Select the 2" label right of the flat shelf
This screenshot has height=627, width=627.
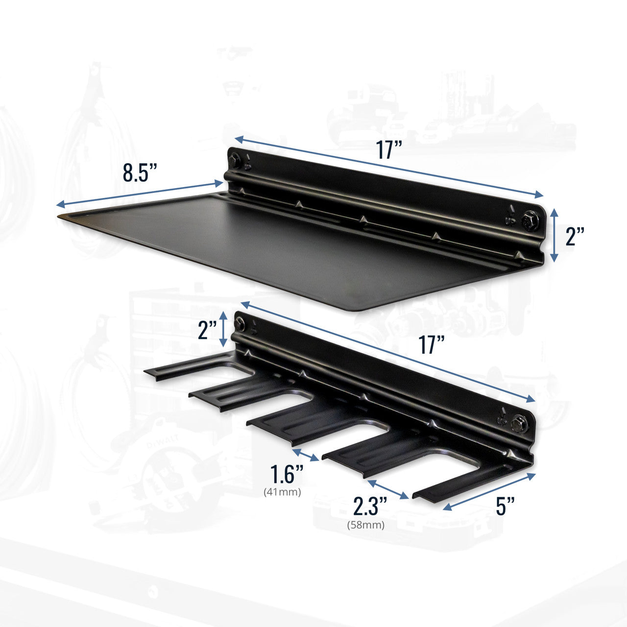[x=575, y=237]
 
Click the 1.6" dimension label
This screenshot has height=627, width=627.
[x=287, y=474]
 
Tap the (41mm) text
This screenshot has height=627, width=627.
[x=282, y=492]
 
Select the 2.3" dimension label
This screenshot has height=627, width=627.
[x=370, y=506]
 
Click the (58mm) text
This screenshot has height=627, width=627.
[x=366, y=525]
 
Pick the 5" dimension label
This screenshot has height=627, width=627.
[x=505, y=506]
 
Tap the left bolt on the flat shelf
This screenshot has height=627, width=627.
[x=235, y=159]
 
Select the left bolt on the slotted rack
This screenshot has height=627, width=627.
[x=240, y=322]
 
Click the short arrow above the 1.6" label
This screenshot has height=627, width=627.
[x=306, y=454]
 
